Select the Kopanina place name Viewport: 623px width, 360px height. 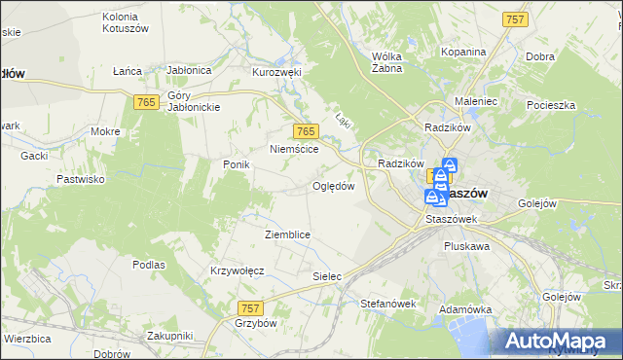(462, 52)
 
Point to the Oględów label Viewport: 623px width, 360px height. (333, 186)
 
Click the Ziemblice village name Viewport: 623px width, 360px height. (288, 234)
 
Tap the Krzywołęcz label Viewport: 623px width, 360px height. (238, 270)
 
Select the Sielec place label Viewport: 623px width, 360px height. (327, 276)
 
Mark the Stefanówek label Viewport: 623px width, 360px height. (388, 304)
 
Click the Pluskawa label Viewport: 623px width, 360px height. (466, 247)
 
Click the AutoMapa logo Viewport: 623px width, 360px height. (563, 342)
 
